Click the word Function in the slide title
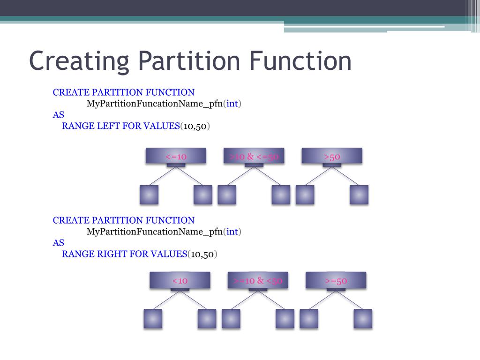tap(300, 61)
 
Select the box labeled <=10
tap(176, 156)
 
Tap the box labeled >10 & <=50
tap(254, 156)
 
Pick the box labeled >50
tap(332, 156)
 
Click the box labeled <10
tap(180, 280)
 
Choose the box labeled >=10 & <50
tap(258, 280)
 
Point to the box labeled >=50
tap(336, 280)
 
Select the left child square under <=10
tap(149, 195)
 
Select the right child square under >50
tap(359, 195)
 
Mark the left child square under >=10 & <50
tap(231, 318)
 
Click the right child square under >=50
tap(363, 318)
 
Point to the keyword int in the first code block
tap(232, 104)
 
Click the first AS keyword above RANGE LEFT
tap(58, 115)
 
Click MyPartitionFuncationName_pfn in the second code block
tap(154, 232)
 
